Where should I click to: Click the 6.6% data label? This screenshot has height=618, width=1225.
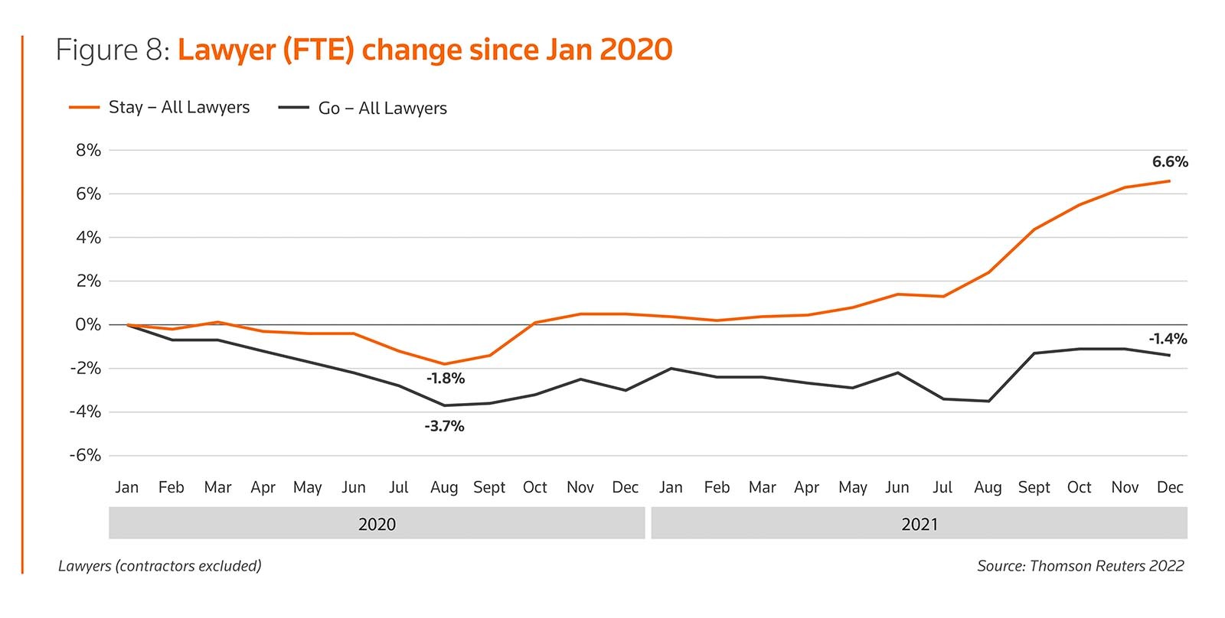[1169, 162]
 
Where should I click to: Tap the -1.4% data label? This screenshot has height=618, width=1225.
[1168, 339]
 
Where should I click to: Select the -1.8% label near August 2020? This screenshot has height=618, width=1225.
[446, 379]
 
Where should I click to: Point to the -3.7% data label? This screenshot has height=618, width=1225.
[444, 426]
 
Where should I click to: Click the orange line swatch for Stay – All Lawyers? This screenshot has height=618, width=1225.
[84, 108]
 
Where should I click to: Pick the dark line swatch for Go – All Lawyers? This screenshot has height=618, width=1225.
[293, 108]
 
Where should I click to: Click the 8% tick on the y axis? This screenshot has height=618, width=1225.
[88, 151]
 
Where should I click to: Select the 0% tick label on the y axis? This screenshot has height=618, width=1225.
[88, 325]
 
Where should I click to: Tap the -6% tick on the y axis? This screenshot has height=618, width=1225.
[85, 456]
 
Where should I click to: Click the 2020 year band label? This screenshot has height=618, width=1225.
[377, 525]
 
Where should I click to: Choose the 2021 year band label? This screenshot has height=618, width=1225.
[920, 525]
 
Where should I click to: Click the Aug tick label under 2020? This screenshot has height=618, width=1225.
[444, 487]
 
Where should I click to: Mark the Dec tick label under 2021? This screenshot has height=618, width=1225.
[1169, 487]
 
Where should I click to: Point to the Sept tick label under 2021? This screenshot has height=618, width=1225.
[1034, 487]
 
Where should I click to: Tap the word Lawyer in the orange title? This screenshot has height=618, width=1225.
[226, 50]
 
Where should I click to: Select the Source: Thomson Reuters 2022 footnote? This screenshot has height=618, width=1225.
[1080, 566]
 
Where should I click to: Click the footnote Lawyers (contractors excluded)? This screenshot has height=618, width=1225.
[160, 566]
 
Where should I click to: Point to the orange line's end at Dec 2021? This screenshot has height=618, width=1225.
[1169, 181]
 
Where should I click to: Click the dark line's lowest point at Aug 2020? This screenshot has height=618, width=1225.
[444, 405]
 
